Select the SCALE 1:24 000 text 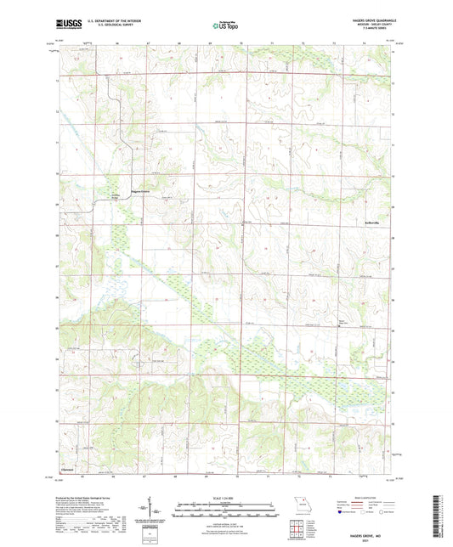point(226,498)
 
